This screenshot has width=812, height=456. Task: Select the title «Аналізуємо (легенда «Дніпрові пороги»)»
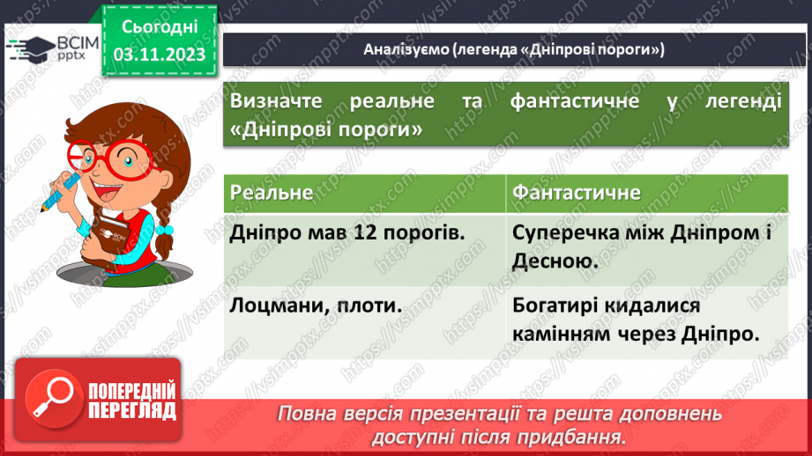pyautogui.click(x=514, y=49)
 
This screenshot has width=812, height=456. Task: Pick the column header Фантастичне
pyautogui.click(x=577, y=192)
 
